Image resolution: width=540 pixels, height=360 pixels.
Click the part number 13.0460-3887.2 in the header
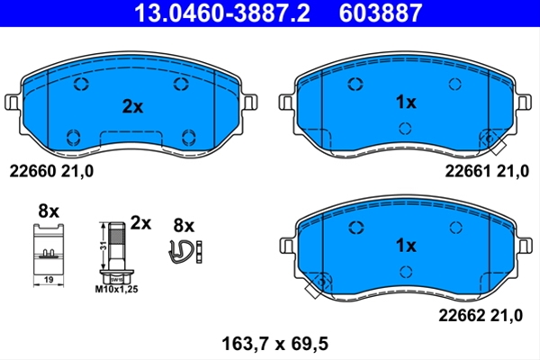pos(221,13)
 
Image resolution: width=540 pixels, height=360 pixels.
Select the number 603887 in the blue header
pos(381,13)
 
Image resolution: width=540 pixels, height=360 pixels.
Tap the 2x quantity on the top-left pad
pos(132,106)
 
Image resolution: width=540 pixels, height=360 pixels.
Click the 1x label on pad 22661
pos(406,102)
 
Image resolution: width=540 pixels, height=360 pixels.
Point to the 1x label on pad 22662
pos(406,246)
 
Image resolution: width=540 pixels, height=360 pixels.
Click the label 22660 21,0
pos(51,171)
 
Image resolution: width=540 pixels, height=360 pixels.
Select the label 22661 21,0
pos(487,171)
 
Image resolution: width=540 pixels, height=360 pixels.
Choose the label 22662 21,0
pos(481,315)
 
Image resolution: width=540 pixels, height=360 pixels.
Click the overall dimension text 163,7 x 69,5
pos(274,344)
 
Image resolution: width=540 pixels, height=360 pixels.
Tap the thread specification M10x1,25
pos(116,290)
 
